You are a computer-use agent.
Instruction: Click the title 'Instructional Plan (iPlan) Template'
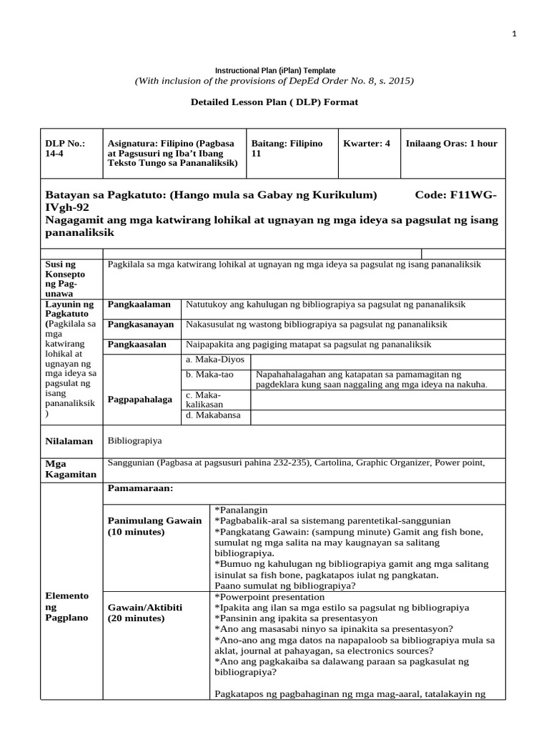point(275,70)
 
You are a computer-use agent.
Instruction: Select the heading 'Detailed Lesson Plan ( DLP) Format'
point(274,102)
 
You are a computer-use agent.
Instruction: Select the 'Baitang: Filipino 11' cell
point(287,149)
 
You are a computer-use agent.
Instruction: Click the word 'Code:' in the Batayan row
point(431,194)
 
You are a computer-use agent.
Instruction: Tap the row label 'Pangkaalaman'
point(134,305)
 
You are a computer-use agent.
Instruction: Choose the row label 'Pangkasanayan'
point(140,325)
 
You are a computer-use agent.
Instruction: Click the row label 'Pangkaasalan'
point(136,345)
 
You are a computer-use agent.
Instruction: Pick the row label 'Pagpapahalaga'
point(139,399)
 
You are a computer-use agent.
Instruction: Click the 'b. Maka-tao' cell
point(209,375)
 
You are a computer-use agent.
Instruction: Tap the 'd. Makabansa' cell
point(212,415)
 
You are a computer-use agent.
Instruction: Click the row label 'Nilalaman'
point(69,441)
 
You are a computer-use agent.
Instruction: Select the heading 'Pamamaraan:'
point(140,488)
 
